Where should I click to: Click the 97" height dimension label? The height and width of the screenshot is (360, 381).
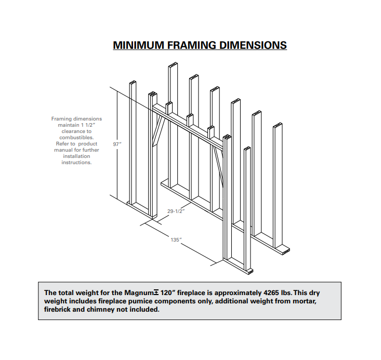(117, 144)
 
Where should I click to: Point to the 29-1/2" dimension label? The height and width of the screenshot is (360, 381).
(176, 211)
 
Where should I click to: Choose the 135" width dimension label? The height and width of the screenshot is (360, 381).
(176, 239)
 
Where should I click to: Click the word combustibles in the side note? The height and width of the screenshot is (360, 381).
(76, 138)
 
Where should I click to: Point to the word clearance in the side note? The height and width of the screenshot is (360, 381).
(73, 131)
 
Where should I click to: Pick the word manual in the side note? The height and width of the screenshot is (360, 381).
(65, 150)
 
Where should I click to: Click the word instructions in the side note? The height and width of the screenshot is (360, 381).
(77, 163)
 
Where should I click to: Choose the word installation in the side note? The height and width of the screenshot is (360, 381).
(76, 156)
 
